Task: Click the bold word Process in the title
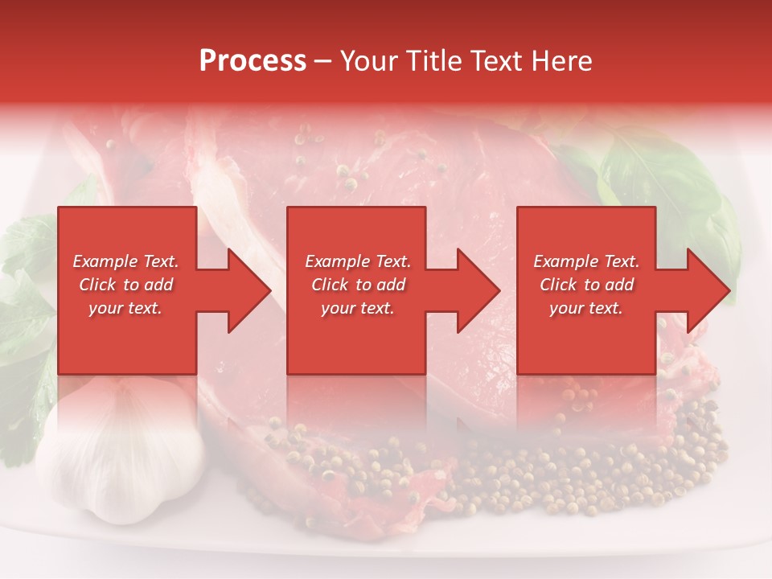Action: [253, 61]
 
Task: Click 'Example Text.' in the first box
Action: [125, 261]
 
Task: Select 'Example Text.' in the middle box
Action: [357, 261]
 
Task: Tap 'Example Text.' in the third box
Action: [586, 261]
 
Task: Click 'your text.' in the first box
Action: [125, 308]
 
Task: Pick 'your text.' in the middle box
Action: [357, 308]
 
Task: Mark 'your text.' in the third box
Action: [586, 308]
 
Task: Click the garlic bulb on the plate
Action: [121, 450]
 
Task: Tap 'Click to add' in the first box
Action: [125, 285]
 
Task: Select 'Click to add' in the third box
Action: [586, 285]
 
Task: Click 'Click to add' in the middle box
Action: [357, 285]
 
